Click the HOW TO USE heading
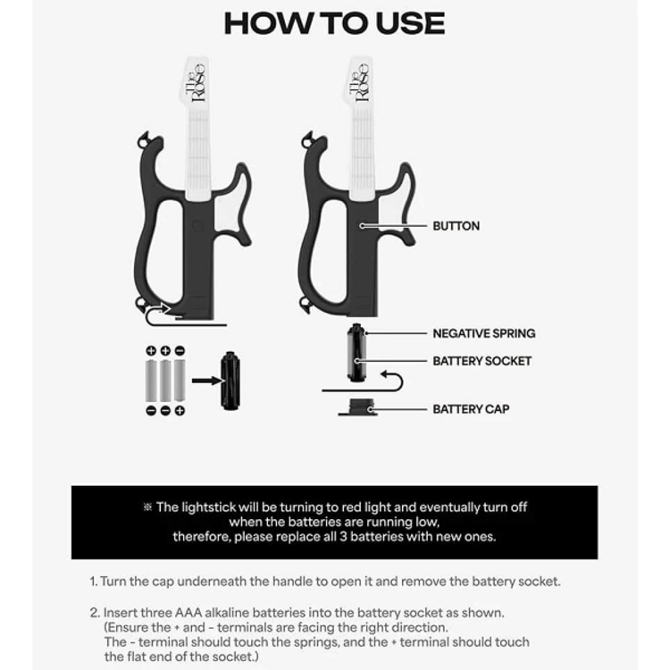click(x=335, y=23)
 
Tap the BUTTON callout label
click(x=456, y=226)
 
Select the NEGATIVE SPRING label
click(x=483, y=333)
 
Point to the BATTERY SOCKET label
click(x=482, y=361)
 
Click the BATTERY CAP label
click(x=471, y=409)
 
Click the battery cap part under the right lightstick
click(x=362, y=407)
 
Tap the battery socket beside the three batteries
click(x=230, y=381)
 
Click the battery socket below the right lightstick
click(x=356, y=353)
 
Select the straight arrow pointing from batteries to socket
click(x=207, y=381)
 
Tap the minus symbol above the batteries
click(x=180, y=351)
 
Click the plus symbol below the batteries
click(x=180, y=411)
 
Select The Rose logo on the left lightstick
click(x=196, y=82)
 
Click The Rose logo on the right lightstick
click(x=359, y=82)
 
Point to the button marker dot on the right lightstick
click(x=362, y=226)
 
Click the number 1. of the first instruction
click(x=94, y=582)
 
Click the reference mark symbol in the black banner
click(x=147, y=507)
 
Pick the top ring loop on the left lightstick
click(x=144, y=139)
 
